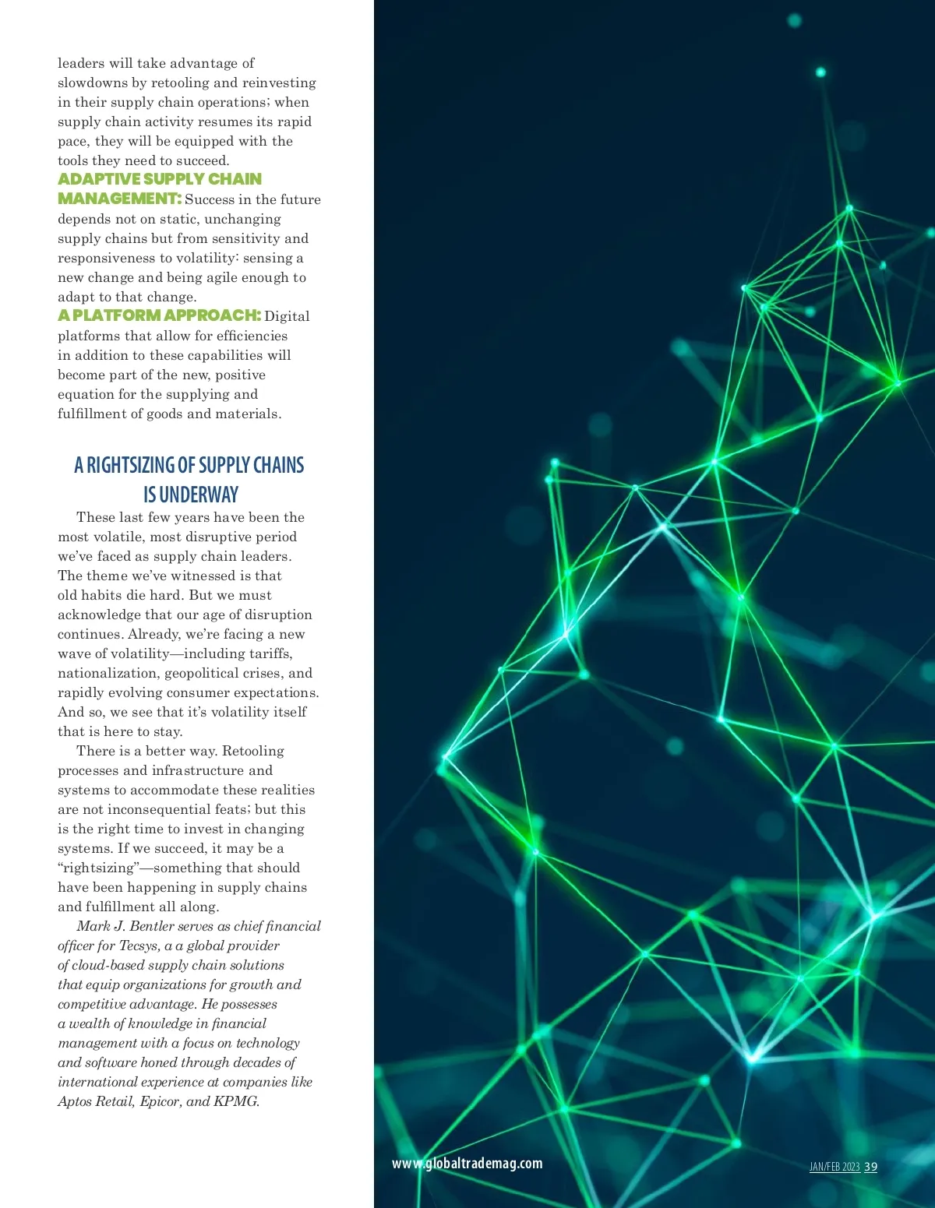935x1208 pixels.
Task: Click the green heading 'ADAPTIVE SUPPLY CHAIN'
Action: [x=160, y=179]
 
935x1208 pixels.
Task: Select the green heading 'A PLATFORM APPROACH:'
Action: [x=159, y=315]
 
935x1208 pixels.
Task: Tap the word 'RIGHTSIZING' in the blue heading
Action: [x=130, y=466]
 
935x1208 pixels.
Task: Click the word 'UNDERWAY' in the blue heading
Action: [x=199, y=495]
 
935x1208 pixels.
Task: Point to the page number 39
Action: [x=870, y=1167]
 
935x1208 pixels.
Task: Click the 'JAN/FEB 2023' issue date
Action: [x=834, y=1167]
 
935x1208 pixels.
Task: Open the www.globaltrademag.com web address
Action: [x=467, y=1163]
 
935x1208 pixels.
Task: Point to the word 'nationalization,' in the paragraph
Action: [x=108, y=673]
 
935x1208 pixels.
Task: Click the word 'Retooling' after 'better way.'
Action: [x=252, y=751]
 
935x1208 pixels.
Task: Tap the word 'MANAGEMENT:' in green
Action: [x=119, y=199]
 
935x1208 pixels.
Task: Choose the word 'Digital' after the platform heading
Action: [x=287, y=316]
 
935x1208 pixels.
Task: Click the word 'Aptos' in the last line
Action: [x=75, y=1101]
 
